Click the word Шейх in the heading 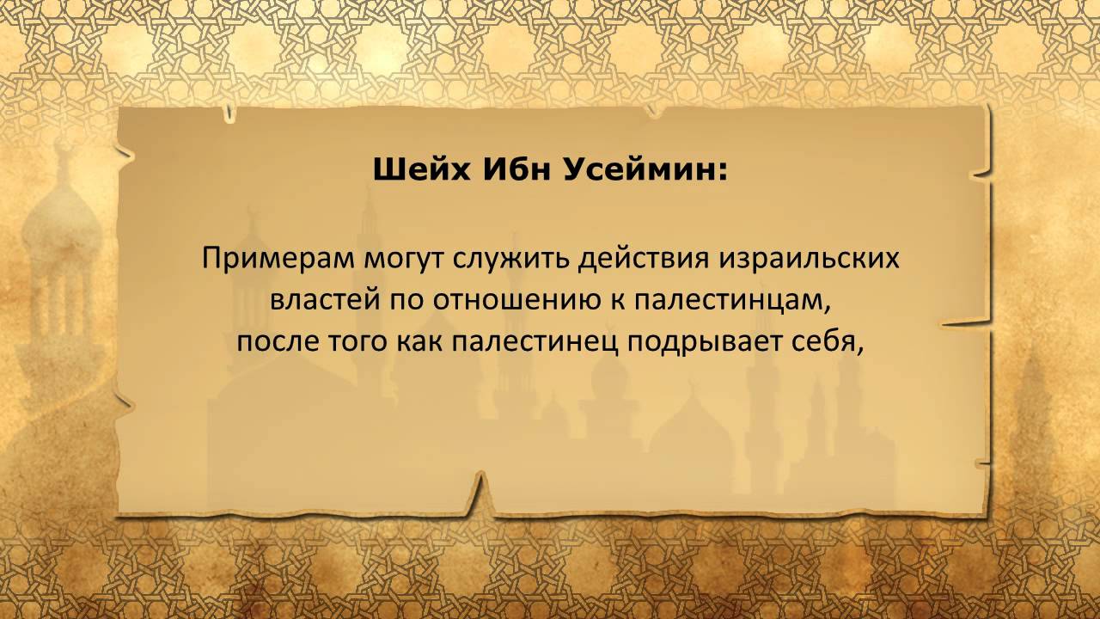point(421,170)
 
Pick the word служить point(510,260)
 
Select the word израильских point(810,259)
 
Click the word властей point(326,300)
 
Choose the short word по point(407,301)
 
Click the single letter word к point(617,301)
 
